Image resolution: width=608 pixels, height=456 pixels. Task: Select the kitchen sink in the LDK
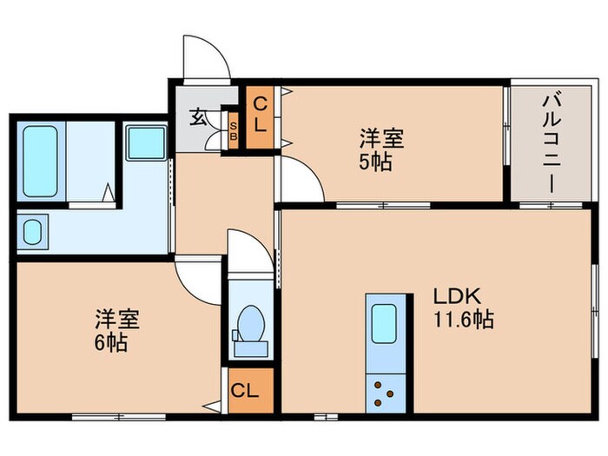click(x=383, y=324)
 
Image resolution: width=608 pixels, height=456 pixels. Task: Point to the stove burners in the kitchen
click(x=382, y=393)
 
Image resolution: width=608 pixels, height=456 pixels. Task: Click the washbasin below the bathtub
click(x=33, y=233)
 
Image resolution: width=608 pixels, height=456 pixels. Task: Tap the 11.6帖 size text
click(x=464, y=319)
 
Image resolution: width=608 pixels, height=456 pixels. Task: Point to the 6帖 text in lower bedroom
click(x=111, y=343)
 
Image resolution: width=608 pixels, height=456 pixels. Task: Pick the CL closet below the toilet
click(x=246, y=390)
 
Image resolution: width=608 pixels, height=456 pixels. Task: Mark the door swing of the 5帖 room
click(x=300, y=182)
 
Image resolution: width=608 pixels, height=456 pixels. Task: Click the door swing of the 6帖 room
click(x=195, y=280)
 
